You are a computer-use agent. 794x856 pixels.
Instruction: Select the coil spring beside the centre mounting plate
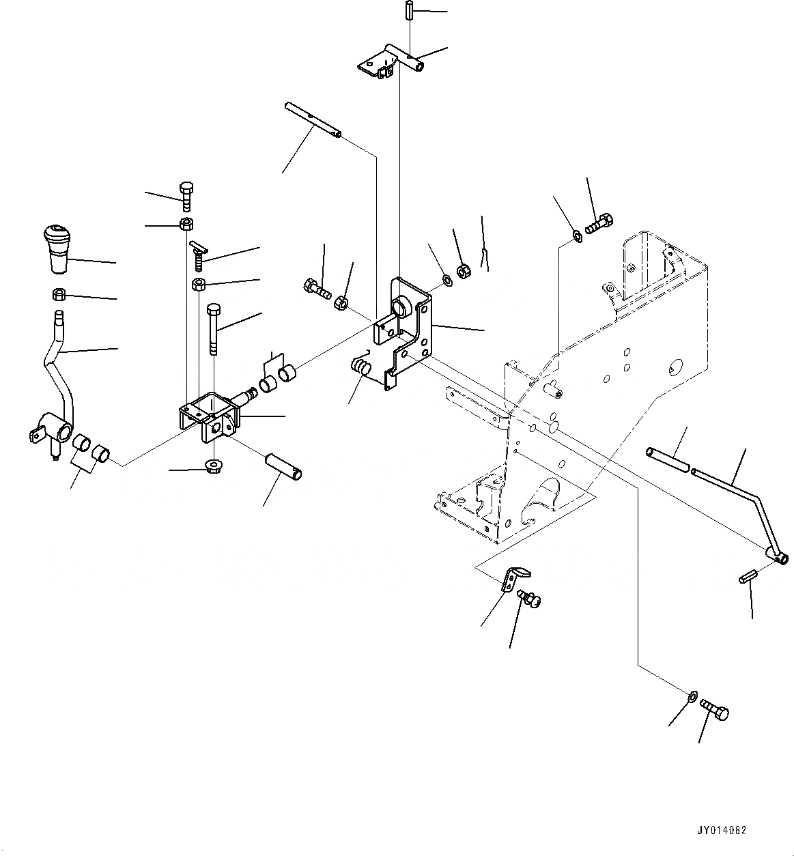pyautogui.click(x=360, y=368)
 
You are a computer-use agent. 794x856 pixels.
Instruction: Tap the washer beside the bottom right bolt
pyautogui.click(x=690, y=696)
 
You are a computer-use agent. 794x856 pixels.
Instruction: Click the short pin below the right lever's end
pyautogui.click(x=748, y=579)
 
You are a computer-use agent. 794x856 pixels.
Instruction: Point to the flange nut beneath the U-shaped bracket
pyautogui.click(x=213, y=468)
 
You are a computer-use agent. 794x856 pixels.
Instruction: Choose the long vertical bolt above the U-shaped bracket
pyautogui.click(x=213, y=328)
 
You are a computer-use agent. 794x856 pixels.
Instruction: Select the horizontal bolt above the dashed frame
pyautogui.click(x=599, y=223)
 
